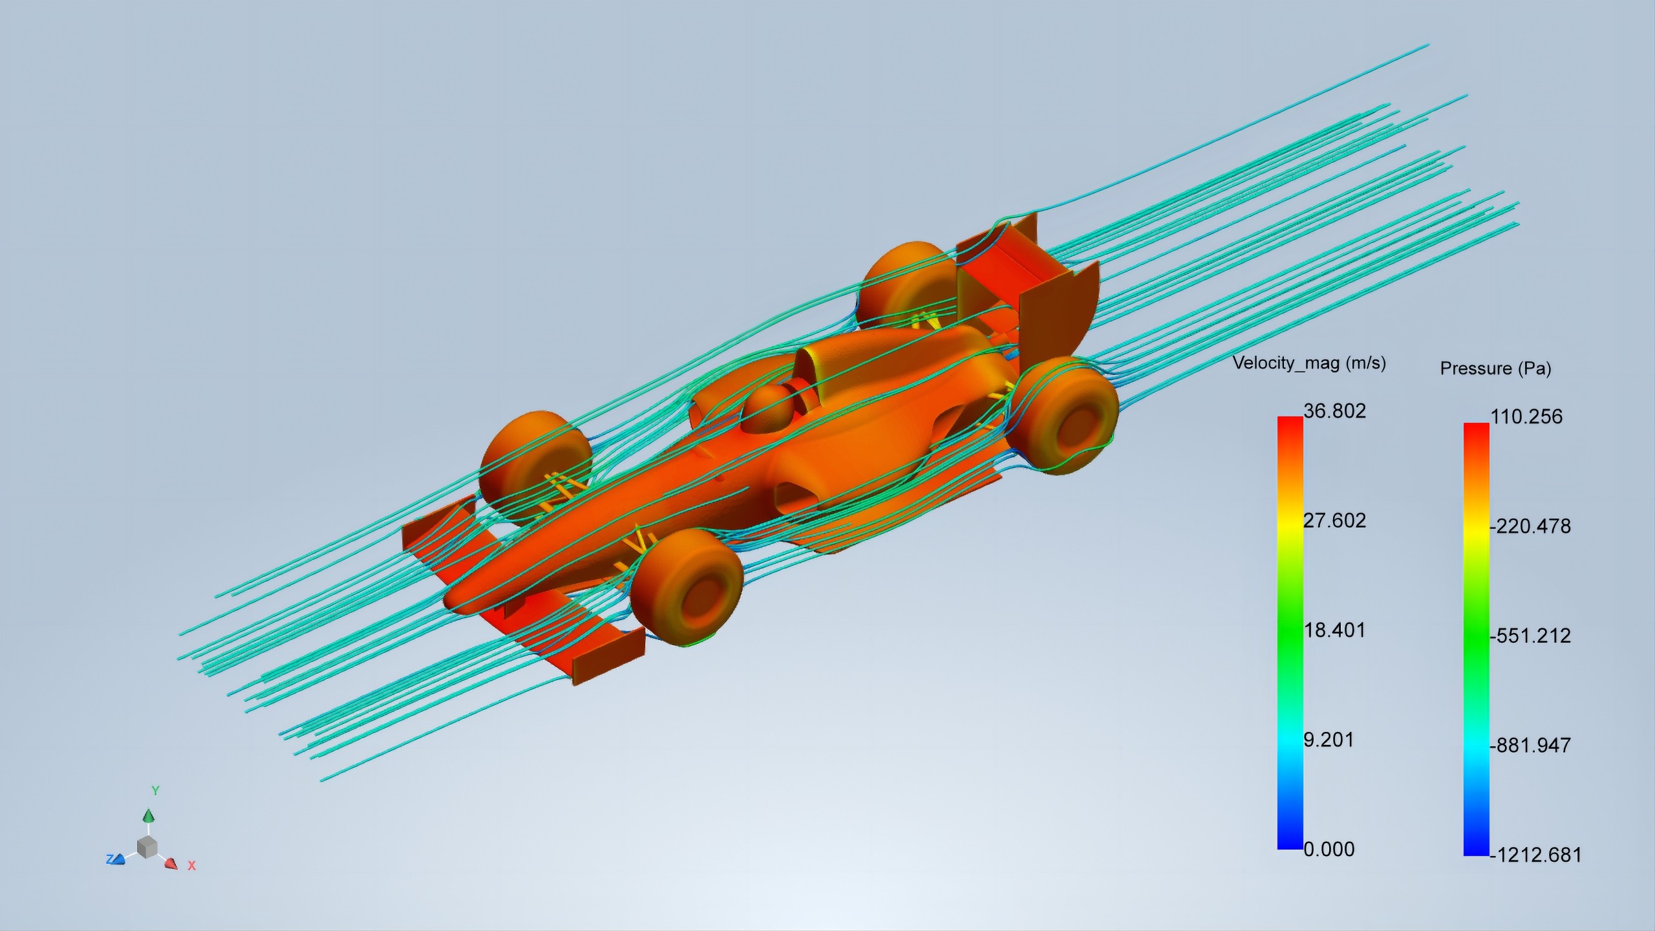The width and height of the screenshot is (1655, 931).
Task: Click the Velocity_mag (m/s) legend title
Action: (x=1309, y=363)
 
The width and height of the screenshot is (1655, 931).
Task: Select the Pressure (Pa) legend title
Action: (x=1495, y=369)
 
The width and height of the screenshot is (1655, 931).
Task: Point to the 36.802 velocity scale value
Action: (x=1334, y=411)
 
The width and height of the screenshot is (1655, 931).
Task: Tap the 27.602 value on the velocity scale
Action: (x=1334, y=520)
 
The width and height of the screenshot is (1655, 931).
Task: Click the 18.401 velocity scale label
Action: (x=1334, y=630)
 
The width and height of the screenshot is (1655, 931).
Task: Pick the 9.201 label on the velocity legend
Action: (x=1329, y=740)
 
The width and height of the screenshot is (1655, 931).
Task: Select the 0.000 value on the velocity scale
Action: (x=1329, y=849)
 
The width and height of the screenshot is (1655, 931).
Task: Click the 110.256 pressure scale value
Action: (x=1526, y=416)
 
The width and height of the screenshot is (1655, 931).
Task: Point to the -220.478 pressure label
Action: (x=1530, y=526)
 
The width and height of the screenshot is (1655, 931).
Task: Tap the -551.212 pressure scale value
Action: (x=1530, y=636)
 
